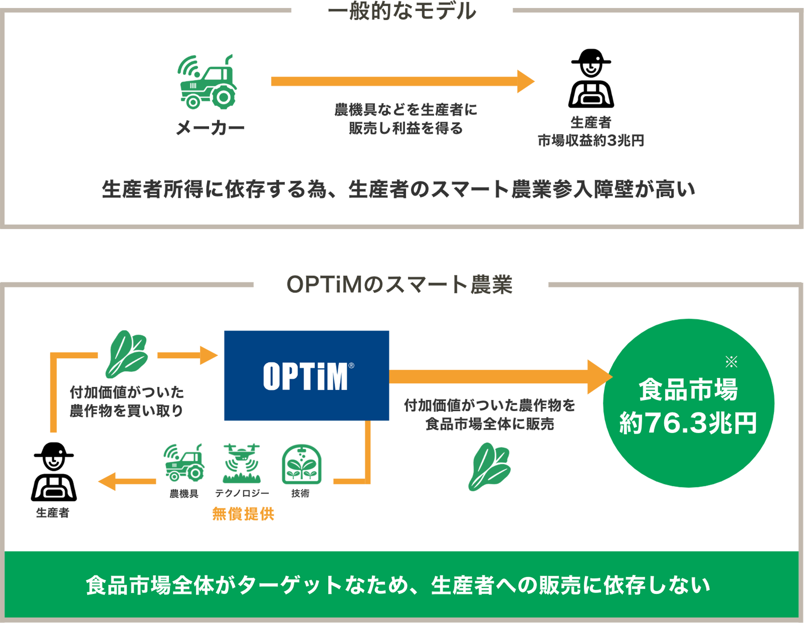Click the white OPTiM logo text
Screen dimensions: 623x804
305,377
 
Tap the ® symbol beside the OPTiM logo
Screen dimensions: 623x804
351,366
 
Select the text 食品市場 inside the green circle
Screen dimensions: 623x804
688,390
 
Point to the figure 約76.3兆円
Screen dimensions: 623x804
688,424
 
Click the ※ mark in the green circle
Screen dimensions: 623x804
731,361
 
